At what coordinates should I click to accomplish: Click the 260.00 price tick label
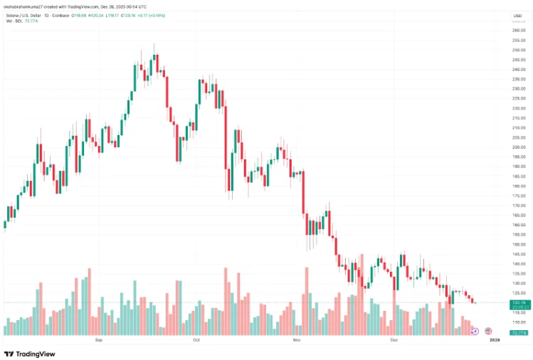518,31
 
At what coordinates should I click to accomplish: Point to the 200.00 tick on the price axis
518,147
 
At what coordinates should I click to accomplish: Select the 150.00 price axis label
518,244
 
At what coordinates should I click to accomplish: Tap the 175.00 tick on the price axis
518,196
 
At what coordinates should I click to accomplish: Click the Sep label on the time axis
99,341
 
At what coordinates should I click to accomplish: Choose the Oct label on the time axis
196,341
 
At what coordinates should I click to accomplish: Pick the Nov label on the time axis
297,341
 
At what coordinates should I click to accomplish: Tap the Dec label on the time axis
394,341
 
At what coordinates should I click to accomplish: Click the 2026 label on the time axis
495,341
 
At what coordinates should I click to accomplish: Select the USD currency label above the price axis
517,16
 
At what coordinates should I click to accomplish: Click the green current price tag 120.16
518,302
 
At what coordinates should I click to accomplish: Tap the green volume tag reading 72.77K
518,332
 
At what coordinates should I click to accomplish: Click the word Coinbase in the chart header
59,16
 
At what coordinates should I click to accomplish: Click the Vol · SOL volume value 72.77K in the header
32,22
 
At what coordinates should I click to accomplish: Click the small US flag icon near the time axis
488,331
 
